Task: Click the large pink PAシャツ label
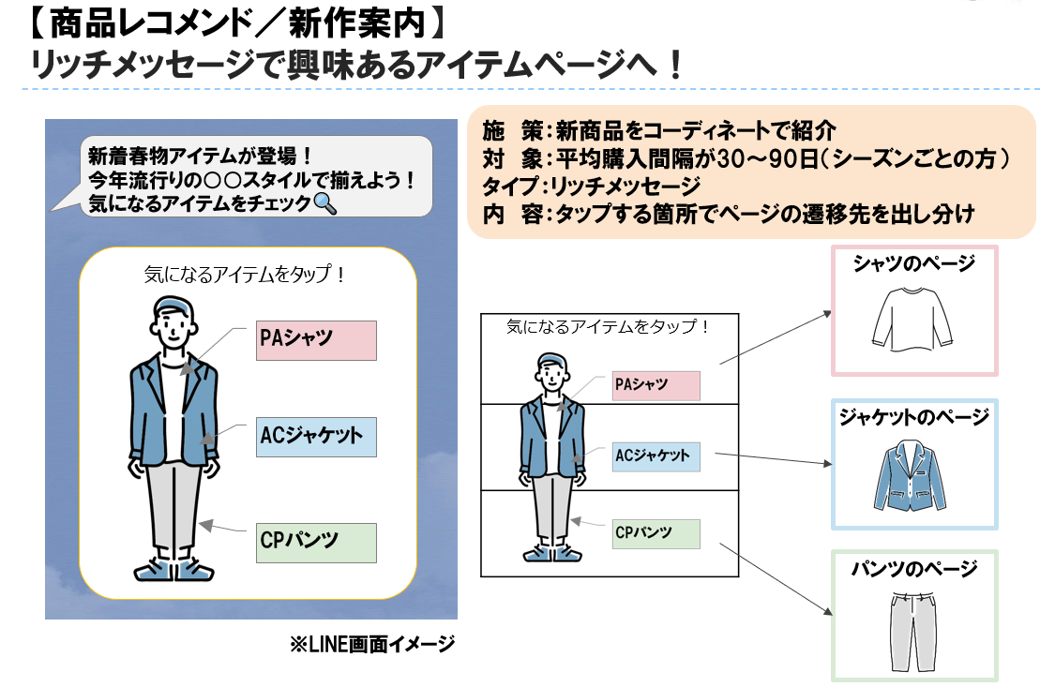[315, 340]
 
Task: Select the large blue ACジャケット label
[315, 437]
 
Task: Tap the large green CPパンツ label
[315, 543]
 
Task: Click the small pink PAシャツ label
[656, 385]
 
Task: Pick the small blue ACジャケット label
[656, 456]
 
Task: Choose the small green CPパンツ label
[656, 533]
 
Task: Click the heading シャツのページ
[913, 264]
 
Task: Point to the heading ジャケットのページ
[913, 418]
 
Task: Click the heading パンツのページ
[913, 568]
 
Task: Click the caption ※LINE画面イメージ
[371, 645]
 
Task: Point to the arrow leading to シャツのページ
[773, 338]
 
